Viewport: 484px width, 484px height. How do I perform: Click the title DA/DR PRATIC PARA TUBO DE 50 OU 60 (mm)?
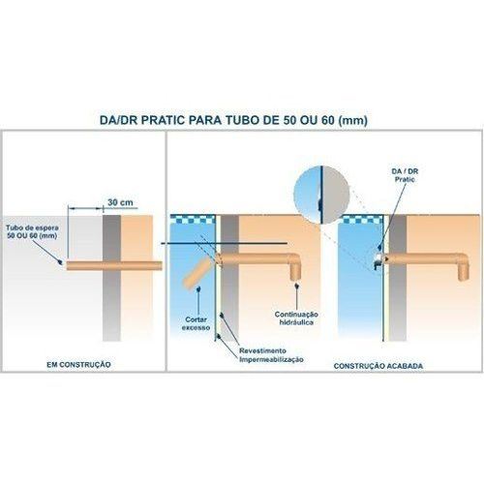(x=233, y=120)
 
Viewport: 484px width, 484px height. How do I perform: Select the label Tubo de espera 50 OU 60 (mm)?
(x=32, y=231)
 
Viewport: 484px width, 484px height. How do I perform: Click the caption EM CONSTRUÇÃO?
(x=78, y=365)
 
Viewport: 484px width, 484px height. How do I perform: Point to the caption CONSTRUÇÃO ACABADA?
(x=378, y=366)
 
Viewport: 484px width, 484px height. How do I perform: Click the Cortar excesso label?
(x=197, y=323)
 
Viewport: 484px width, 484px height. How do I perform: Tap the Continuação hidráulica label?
(x=296, y=318)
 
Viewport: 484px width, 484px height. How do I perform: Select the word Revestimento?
(x=262, y=350)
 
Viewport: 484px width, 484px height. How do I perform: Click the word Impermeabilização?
(x=271, y=359)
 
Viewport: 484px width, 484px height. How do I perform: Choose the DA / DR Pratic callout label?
(x=405, y=175)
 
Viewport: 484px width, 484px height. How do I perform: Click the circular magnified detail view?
(x=322, y=195)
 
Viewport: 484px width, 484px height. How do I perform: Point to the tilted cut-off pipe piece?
(x=197, y=273)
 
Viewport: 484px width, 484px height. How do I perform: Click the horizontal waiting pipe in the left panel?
(x=114, y=266)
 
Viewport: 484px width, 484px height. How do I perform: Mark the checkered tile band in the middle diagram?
(x=193, y=219)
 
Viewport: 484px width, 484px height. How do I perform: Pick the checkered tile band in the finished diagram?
(x=361, y=219)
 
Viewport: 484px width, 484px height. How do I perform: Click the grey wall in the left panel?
(x=111, y=278)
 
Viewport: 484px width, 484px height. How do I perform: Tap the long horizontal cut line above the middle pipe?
(x=224, y=243)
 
